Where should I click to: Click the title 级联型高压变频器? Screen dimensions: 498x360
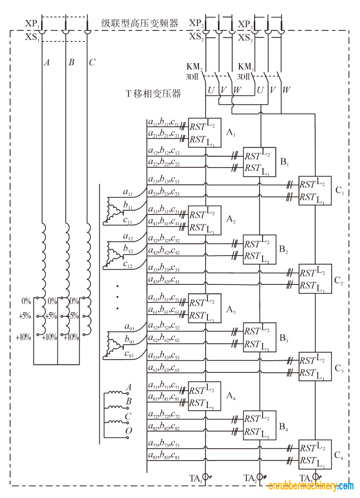click(139, 24)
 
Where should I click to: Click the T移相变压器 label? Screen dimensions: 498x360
click(153, 94)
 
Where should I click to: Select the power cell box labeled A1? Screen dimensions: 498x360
click(204, 133)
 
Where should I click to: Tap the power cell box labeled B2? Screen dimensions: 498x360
click(259, 250)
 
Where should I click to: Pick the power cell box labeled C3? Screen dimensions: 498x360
click(315, 366)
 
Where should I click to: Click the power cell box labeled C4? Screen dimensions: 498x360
click(315, 454)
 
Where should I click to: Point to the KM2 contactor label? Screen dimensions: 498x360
click(194, 67)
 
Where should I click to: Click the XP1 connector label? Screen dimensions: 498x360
click(32, 25)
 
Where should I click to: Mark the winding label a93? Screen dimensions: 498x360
click(129, 328)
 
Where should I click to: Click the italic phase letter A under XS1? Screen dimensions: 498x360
click(47, 63)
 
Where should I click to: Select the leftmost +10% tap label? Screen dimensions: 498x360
click(23, 337)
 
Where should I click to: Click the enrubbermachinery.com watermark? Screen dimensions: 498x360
click(311, 486)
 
